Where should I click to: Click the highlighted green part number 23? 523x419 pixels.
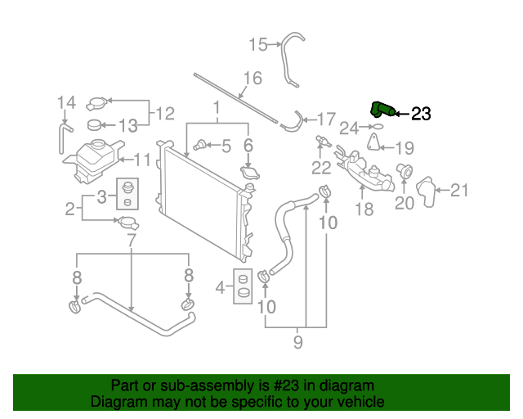[x=382, y=110]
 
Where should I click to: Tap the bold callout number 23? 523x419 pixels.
[x=421, y=115]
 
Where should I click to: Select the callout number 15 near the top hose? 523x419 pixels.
[x=258, y=44]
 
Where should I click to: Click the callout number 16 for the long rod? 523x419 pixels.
[x=252, y=79]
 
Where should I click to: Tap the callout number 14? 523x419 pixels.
[x=67, y=102]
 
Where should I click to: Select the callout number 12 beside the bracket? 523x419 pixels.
[x=165, y=113]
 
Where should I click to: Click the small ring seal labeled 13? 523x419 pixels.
[x=94, y=125]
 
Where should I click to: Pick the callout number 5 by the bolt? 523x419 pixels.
[x=226, y=146]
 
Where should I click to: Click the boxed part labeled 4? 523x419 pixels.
[x=243, y=286]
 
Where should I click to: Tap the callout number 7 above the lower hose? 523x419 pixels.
[x=132, y=240]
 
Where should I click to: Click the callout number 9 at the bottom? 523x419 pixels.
[x=298, y=341]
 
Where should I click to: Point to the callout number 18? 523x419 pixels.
[x=364, y=209]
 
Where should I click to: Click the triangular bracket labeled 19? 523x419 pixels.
[x=374, y=146]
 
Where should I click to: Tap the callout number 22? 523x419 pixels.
[x=321, y=168]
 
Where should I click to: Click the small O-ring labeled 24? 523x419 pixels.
[x=377, y=128]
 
